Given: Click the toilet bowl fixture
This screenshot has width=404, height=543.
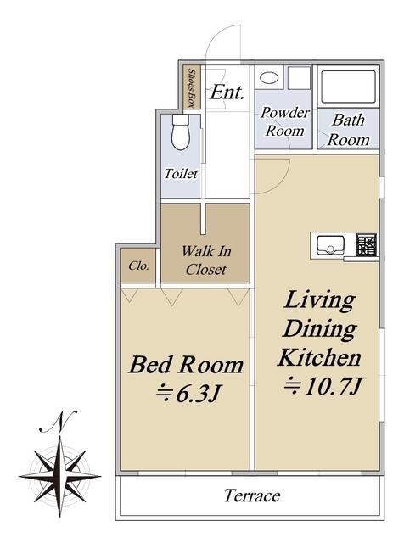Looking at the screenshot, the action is [x=181, y=132].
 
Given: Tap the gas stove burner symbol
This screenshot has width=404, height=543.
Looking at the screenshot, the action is [x=367, y=245].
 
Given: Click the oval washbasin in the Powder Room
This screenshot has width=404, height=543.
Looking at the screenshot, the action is [x=269, y=78].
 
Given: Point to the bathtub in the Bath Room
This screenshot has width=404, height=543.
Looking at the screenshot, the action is [x=349, y=87].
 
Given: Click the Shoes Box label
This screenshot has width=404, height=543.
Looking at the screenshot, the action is [x=191, y=87].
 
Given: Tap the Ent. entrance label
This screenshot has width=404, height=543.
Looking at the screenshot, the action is [x=227, y=92].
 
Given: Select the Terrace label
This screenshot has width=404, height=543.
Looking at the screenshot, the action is [x=252, y=495].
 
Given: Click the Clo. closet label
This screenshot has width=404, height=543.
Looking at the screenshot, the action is [x=138, y=266].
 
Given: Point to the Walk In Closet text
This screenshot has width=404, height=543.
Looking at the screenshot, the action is [x=206, y=260].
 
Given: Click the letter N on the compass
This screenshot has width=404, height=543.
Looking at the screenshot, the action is [x=59, y=422].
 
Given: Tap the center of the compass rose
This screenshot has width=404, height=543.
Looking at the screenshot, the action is [x=60, y=477].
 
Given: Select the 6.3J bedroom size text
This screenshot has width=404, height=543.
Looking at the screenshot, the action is [x=199, y=394].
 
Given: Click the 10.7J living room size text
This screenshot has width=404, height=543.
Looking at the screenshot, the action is [x=334, y=387].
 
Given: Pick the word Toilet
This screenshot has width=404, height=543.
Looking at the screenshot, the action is [x=181, y=174].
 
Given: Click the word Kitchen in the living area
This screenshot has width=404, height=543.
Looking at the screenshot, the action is [x=319, y=358].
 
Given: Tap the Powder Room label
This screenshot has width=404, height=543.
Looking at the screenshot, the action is [x=285, y=121].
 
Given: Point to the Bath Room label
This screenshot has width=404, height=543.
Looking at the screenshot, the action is [x=349, y=130].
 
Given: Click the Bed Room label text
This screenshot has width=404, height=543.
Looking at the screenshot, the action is [x=186, y=365].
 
